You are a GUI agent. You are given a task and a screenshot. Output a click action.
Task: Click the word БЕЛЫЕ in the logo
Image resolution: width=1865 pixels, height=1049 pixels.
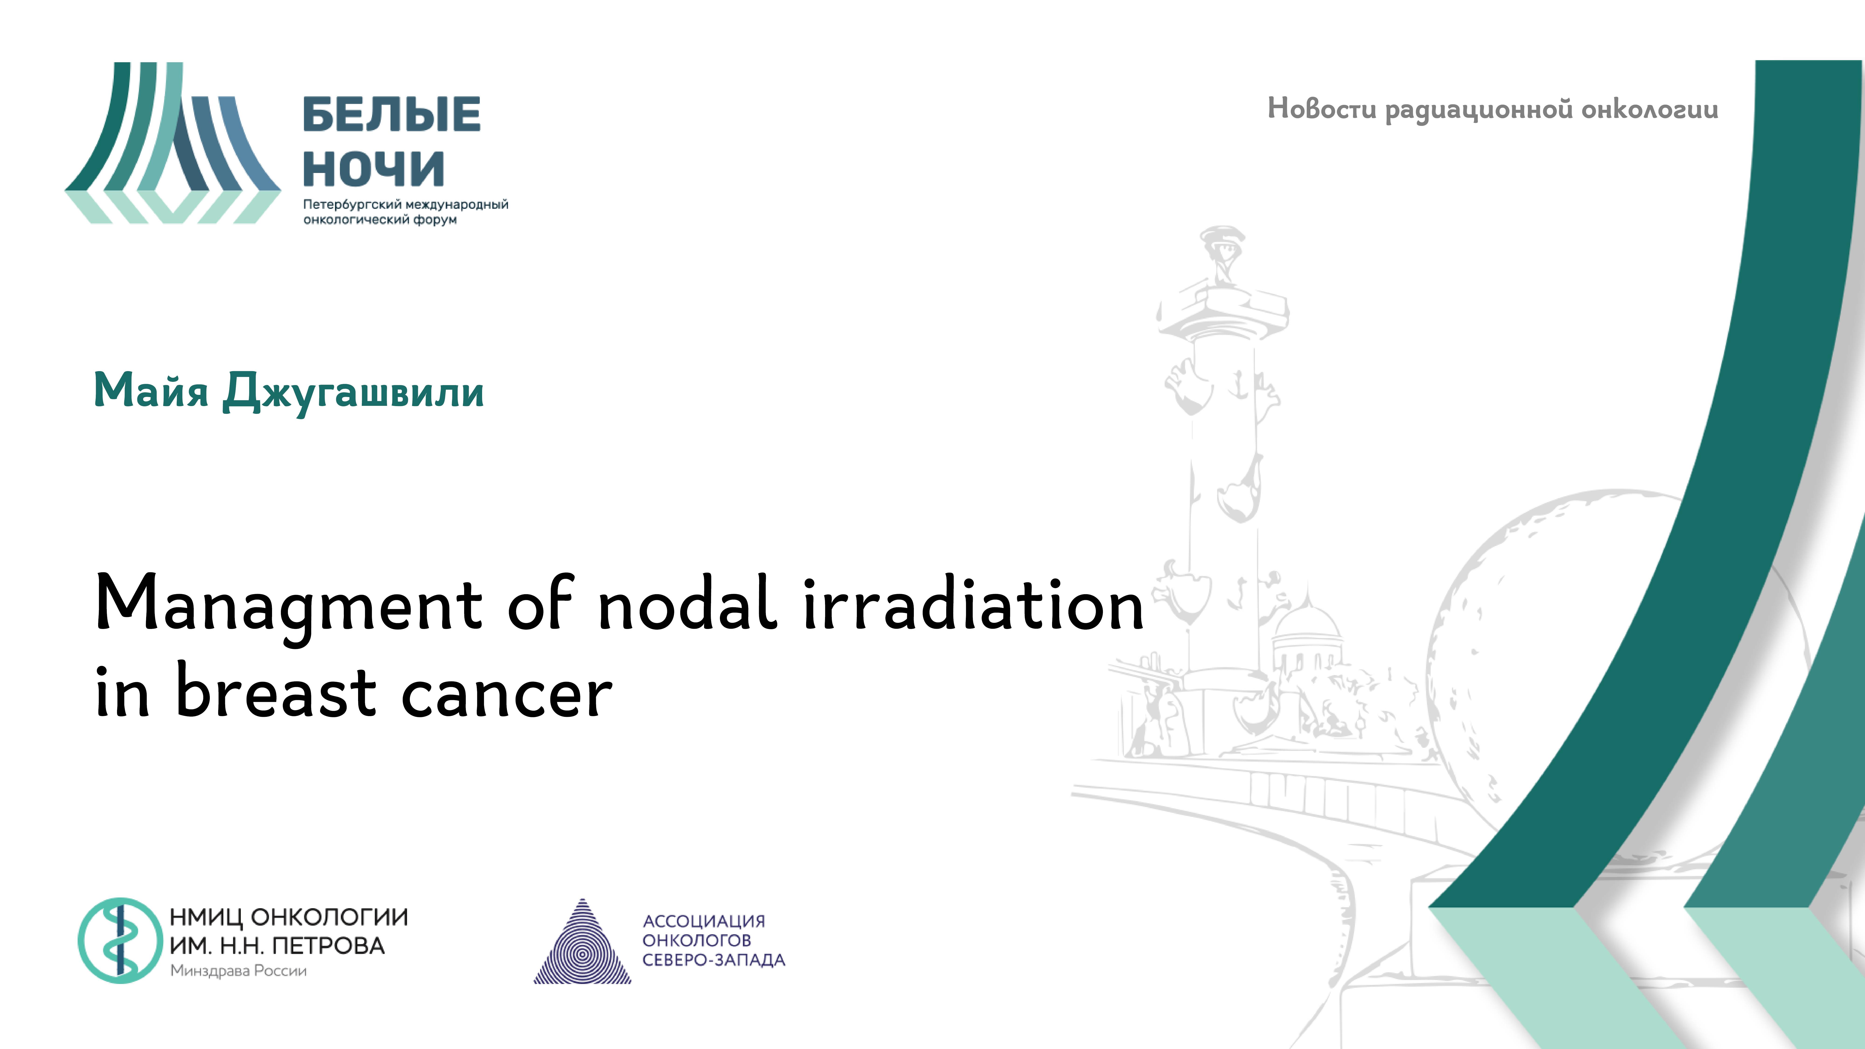[x=391, y=114]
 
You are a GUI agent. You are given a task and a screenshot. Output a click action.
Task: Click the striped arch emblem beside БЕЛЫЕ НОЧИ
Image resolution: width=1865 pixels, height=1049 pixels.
[x=172, y=143]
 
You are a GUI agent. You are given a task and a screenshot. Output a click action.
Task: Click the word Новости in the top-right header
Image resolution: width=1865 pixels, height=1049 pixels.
[x=1321, y=109]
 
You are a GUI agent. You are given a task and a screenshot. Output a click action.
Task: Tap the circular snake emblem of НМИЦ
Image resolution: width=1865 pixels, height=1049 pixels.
[x=119, y=940]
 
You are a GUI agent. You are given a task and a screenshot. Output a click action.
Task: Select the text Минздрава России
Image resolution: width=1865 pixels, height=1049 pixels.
[x=238, y=971]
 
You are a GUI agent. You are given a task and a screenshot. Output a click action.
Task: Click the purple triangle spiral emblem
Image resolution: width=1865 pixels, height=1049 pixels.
[x=582, y=945]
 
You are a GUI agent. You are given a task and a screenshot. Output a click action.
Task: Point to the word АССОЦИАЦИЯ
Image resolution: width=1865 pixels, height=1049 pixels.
[x=704, y=921]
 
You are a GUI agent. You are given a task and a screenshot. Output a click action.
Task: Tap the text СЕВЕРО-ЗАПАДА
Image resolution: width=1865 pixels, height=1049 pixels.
[x=713, y=960]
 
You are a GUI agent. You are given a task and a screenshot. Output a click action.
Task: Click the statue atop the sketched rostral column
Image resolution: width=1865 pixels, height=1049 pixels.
[x=1222, y=253]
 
